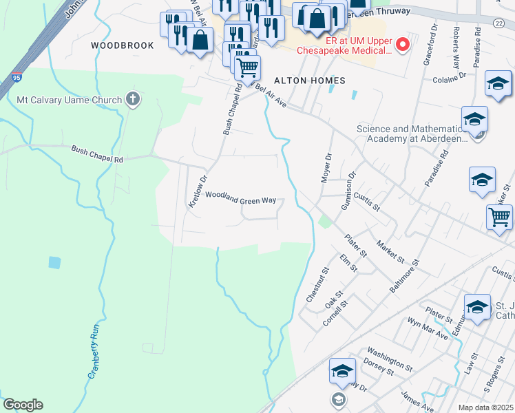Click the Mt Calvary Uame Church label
[x=69, y=99]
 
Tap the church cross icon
[x=133, y=99]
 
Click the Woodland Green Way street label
[x=240, y=199]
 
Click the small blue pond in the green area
[x=54, y=262]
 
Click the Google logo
[x=23, y=405]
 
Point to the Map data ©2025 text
[x=485, y=407]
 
